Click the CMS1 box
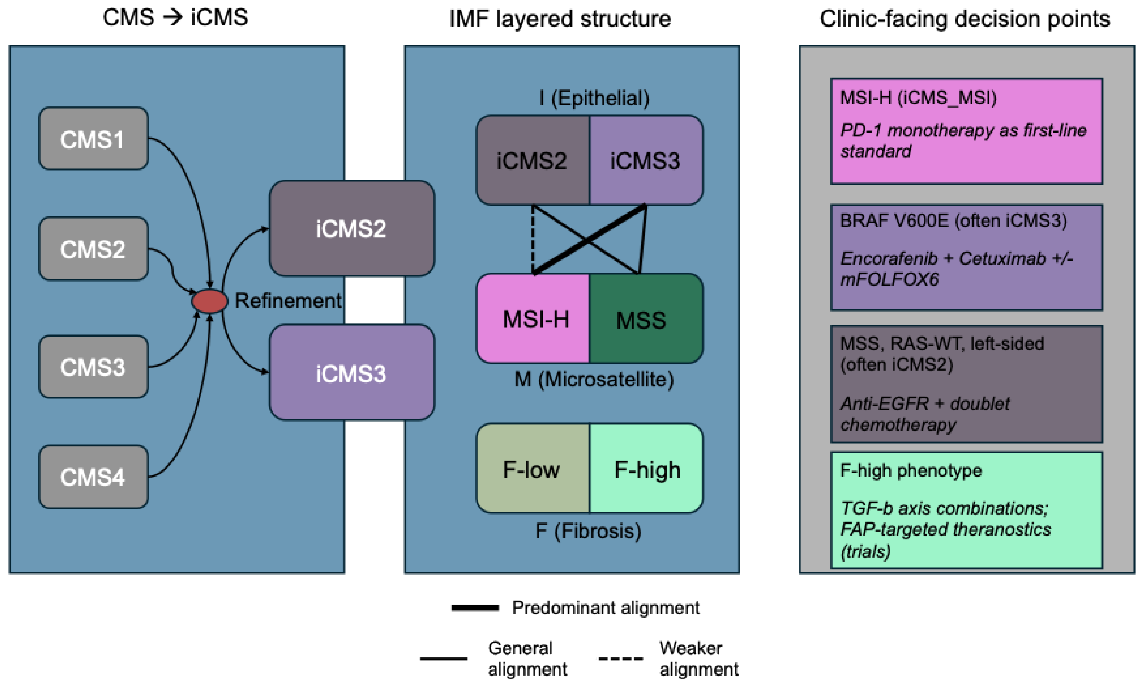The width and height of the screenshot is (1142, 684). [x=93, y=139]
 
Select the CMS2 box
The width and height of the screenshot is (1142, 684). [x=93, y=249]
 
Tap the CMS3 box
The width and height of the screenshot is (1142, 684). [x=93, y=367]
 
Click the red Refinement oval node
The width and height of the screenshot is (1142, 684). [x=209, y=301]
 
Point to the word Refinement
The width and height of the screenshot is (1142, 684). [x=288, y=301]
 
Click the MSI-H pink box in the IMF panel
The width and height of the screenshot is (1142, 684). [x=534, y=319]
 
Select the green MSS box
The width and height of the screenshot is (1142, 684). [x=645, y=319]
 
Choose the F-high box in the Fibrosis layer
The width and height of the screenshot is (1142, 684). [x=646, y=469]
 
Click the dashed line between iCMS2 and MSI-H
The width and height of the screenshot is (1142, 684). [x=533, y=240]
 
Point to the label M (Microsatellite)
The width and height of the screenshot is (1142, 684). [x=594, y=379]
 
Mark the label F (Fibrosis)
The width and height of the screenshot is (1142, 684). [x=588, y=531]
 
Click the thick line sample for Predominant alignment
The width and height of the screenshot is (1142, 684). [x=475, y=608]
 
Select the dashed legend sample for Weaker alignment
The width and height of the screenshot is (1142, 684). [x=620, y=658]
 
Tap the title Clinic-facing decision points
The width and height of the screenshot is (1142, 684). [x=965, y=19]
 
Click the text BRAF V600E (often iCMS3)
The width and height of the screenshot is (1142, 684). [x=953, y=221]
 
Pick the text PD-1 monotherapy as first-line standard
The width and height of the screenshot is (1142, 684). [x=963, y=141]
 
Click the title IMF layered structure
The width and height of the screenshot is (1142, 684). [x=560, y=19]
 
